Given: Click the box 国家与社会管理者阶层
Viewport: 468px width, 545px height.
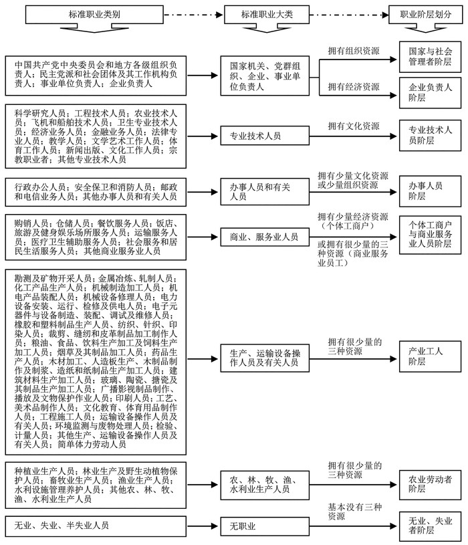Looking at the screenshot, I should (425, 56).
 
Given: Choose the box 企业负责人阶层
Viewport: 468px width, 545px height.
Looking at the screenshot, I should (425, 92).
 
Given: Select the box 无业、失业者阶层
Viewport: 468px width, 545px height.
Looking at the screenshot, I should (425, 524).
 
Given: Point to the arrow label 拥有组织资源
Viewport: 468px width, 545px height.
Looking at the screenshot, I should (354, 51).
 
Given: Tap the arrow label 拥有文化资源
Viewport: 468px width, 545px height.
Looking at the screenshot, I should (354, 126).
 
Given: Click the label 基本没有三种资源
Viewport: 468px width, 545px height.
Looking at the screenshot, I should (354, 512).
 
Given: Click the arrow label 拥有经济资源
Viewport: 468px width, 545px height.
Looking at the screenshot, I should (354, 87).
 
